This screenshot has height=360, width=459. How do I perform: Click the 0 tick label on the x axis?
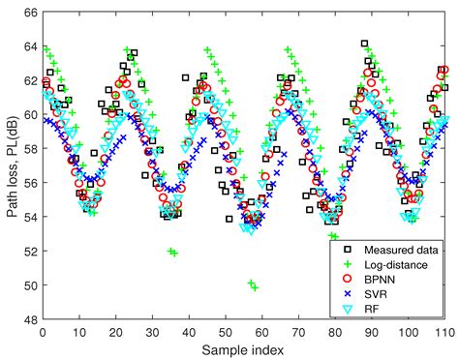(42, 332)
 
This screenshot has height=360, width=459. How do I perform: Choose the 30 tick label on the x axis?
(152, 332)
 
